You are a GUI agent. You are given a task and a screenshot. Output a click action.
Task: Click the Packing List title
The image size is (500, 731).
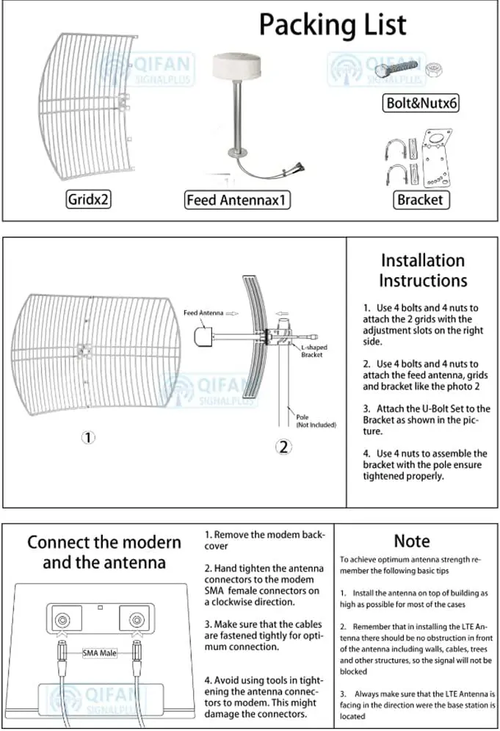coord(332,24)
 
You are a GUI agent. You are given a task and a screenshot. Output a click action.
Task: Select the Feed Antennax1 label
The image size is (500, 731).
coord(237,199)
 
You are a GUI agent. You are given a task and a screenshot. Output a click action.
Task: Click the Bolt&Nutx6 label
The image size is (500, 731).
coord(421,103)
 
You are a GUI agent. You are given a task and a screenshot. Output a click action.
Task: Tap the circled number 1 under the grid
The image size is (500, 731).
coord(88,437)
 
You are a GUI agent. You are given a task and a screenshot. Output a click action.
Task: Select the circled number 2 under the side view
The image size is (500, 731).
coord(283,446)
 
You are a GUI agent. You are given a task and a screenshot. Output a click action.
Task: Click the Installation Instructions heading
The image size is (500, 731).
coord(422,270)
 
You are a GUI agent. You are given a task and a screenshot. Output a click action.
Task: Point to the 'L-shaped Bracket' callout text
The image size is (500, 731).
coord(314,351)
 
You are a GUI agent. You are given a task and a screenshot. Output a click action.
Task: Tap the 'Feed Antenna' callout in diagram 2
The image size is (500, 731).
coord(203,313)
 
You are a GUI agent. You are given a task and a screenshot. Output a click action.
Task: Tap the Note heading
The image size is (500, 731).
coord(412,541)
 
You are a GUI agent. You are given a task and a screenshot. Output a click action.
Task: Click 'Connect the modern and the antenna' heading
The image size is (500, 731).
coord(104,552)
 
